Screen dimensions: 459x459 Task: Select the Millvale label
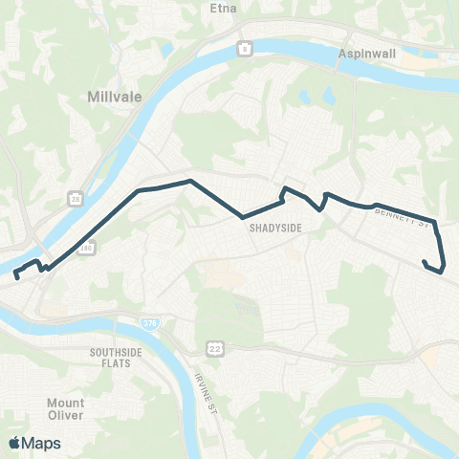click(x=114, y=97)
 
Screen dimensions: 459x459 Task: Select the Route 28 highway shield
click(x=74, y=199)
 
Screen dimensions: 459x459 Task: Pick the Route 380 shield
click(x=88, y=248)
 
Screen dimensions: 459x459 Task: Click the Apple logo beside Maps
click(x=15, y=443)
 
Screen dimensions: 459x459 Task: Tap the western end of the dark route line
click(x=16, y=276)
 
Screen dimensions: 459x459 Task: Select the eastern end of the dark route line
click(x=424, y=260)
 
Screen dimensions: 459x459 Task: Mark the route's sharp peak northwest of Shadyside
click(x=192, y=181)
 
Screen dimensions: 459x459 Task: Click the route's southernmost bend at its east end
click(x=441, y=272)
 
